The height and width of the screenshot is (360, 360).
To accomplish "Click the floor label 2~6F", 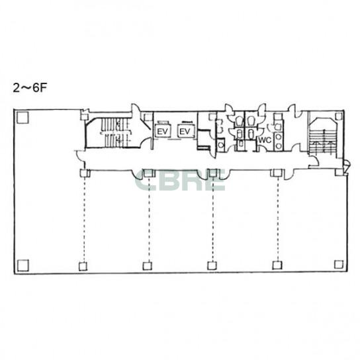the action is pos(30,87).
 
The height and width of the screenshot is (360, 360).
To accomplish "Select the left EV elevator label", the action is pos(163,132).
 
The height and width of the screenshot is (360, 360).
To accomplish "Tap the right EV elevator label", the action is pos(185,132).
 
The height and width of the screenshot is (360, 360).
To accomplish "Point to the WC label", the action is pos(265,140).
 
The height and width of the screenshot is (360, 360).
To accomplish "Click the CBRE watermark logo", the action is pos(180,180).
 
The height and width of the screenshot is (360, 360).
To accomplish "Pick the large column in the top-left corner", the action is pos(22,118).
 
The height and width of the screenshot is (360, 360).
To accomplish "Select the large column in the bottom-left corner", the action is pos(23,265).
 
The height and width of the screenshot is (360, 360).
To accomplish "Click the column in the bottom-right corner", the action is pos(339,265).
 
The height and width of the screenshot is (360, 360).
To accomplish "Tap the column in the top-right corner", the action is pos(339,116).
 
